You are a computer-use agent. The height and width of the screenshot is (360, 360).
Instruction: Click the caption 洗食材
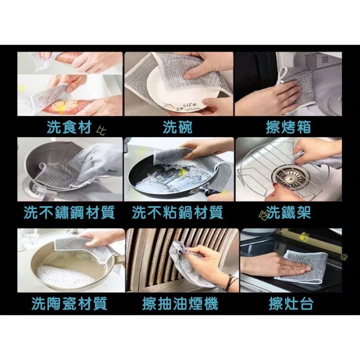coord(69,127)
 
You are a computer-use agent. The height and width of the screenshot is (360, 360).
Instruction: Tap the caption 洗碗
coord(177,127)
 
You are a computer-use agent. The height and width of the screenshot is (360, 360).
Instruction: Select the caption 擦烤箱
coord(288,127)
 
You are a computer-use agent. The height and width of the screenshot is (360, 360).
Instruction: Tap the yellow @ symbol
coord(344,257)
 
